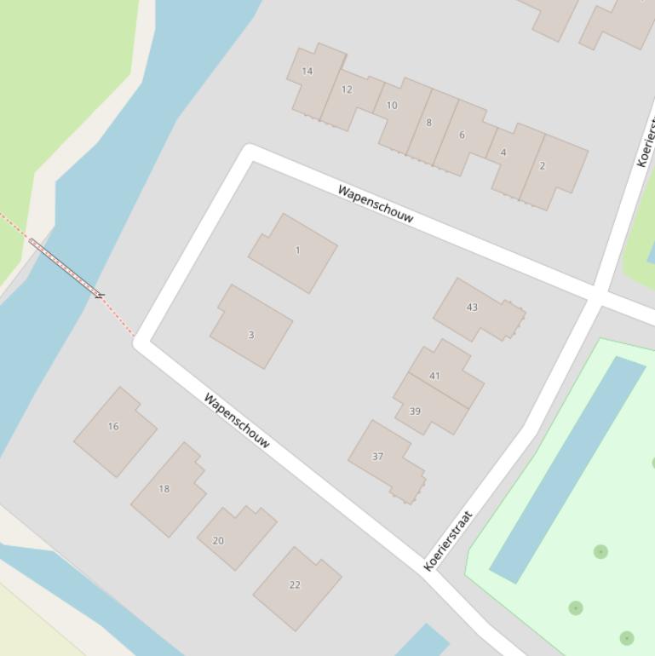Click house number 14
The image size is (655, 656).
point(307,72)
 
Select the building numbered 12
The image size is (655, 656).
point(347,89)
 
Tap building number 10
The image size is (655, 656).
point(392,106)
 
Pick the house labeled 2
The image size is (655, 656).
point(543,166)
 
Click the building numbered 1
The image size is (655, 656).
point(297,250)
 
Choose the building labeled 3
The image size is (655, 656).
point(250,335)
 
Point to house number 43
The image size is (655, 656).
point(472,308)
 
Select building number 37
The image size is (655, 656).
point(377,457)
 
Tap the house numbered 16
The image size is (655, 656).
point(113,427)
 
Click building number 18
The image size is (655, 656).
point(164,489)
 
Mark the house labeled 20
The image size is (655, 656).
point(218,541)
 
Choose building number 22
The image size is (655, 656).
point(295,585)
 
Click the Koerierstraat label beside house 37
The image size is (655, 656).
point(448,541)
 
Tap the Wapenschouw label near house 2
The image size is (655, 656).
point(376,204)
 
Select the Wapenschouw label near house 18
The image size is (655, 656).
point(238,420)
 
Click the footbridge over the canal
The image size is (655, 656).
point(66,268)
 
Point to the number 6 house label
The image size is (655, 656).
point(462,135)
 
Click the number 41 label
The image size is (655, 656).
point(434,376)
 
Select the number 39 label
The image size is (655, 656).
point(415,411)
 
